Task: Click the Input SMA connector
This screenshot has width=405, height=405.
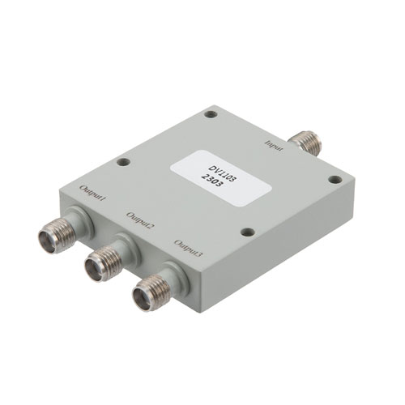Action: (306, 143)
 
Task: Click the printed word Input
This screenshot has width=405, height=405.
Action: (275, 146)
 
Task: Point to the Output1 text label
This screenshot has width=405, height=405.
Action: (93, 194)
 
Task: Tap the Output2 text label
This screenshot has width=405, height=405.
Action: (140, 220)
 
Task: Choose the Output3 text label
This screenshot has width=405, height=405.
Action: (188, 248)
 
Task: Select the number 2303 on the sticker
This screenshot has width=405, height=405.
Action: (212, 181)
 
